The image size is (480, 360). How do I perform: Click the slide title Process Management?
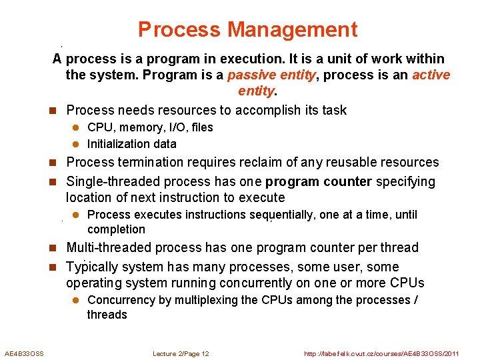pyautogui.click(x=247, y=30)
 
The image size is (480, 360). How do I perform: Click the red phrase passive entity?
pyautogui.click(x=271, y=75)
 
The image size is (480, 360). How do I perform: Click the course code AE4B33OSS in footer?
pyautogui.click(x=24, y=353)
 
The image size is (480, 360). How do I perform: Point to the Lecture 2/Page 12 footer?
pyautogui.click(x=181, y=353)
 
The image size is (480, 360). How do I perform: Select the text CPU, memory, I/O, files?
pyautogui.click(x=150, y=127)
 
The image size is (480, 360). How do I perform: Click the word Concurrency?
pyautogui.click(x=121, y=300)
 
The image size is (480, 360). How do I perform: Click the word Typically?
pyautogui.click(x=92, y=267)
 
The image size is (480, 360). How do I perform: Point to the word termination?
pyautogui.click(x=148, y=162)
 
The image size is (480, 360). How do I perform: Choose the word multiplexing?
pyautogui.click(x=207, y=300)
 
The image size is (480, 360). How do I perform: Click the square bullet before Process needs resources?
pyautogui.click(x=57, y=111)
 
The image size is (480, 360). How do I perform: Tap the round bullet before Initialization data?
pyautogui.click(x=76, y=144)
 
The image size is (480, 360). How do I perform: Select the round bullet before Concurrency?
pyautogui.click(x=76, y=301)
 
